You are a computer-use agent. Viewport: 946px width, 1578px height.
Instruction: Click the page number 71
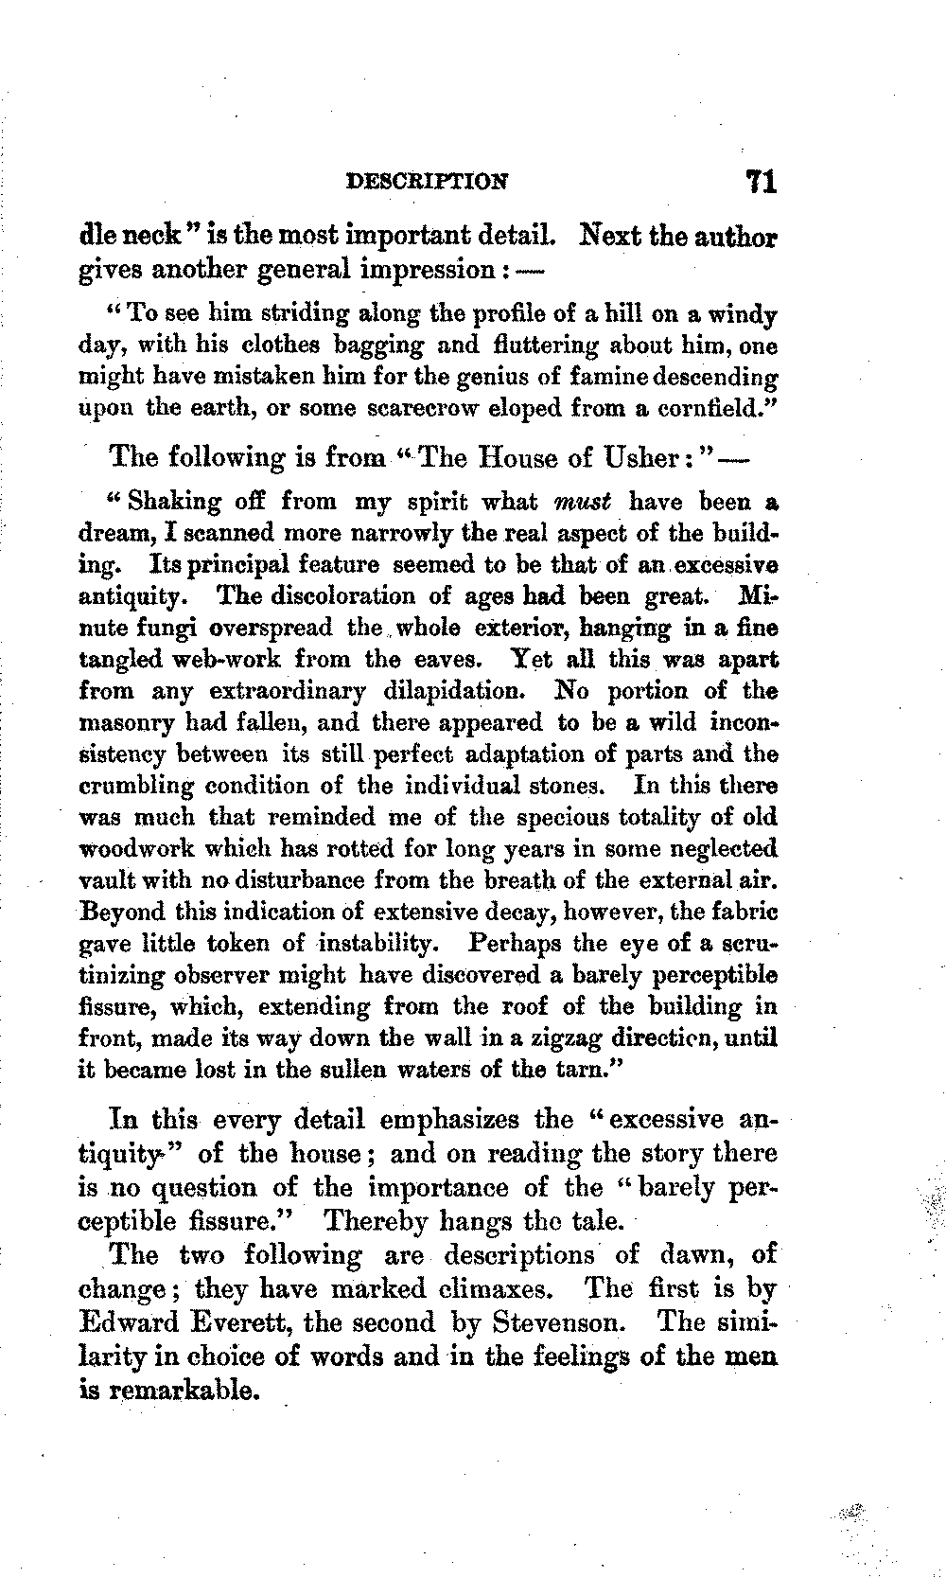click(761, 181)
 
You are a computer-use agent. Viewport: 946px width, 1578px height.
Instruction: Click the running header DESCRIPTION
click(428, 181)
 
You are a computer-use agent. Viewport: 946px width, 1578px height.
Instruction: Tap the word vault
click(100, 879)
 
